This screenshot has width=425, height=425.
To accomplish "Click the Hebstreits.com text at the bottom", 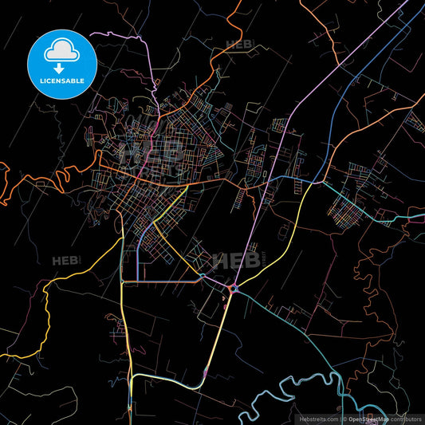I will pos(317,418).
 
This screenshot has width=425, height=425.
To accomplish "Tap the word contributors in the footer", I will pos(406,418).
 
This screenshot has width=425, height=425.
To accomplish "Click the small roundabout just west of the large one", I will pos(203,277).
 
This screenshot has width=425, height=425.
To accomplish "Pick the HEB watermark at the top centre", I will pos(237,45).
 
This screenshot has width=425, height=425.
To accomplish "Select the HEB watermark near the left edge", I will pos(64,261).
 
